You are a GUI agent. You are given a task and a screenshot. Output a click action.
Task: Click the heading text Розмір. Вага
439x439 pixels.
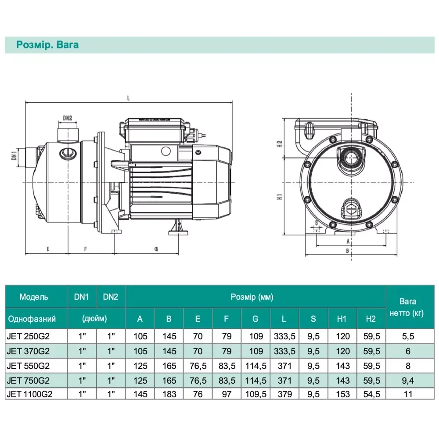[x=47, y=45]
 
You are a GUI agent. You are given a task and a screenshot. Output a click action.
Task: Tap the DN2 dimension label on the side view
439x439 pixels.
[x=68, y=118]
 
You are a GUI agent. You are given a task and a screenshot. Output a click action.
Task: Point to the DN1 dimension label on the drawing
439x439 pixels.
[x=14, y=155]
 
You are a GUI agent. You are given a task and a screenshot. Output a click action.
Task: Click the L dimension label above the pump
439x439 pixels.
[x=129, y=98]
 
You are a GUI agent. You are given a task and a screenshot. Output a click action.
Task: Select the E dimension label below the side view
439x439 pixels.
[x=48, y=249]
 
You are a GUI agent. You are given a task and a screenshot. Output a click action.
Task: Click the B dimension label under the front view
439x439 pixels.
[x=347, y=251]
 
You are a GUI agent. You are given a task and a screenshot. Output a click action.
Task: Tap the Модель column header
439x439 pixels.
[x=34, y=297]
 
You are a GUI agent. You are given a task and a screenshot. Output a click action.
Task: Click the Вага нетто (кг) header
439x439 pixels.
[x=407, y=307]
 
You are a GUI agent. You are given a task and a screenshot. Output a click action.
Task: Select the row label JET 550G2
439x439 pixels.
[x=28, y=366]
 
